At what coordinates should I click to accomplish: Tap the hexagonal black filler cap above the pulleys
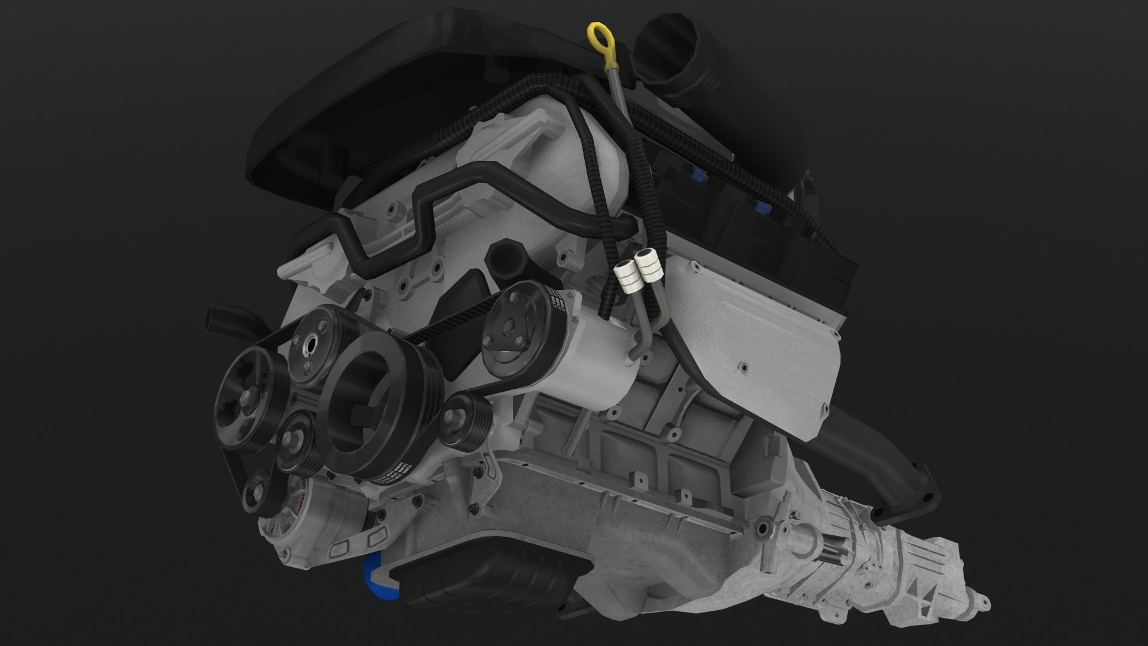pos(506,259)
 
